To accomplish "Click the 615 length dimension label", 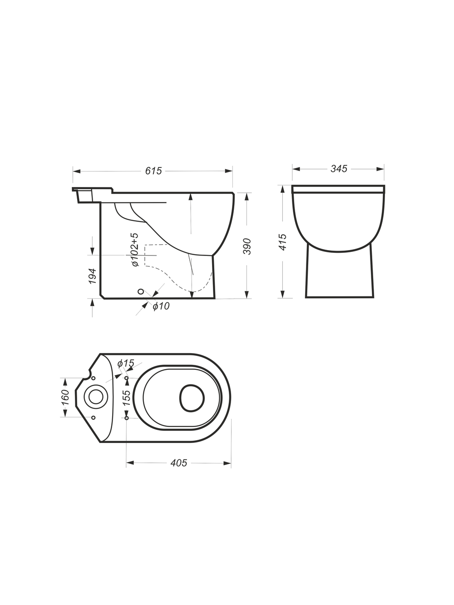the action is (153, 171).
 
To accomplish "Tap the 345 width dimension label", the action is (339, 169).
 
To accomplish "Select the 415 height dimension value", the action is (283, 242).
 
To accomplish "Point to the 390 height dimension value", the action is (247, 246).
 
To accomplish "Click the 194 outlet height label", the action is (92, 276).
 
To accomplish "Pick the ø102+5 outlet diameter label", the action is (135, 250).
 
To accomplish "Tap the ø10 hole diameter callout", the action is (161, 306).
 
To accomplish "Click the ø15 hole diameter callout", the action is (126, 364).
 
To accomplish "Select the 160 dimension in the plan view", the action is (65, 397).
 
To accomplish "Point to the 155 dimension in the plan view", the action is (126, 398).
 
